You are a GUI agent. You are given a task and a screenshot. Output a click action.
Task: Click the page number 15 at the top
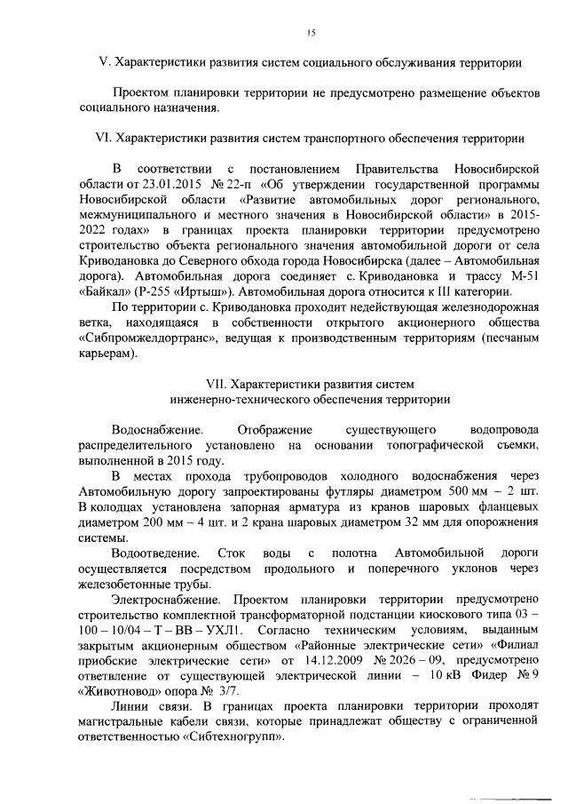click(311, 33)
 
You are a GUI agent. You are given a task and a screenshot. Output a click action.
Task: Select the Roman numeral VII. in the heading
click(216, 383)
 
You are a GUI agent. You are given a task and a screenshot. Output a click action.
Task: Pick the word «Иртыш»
click(196, 293)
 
